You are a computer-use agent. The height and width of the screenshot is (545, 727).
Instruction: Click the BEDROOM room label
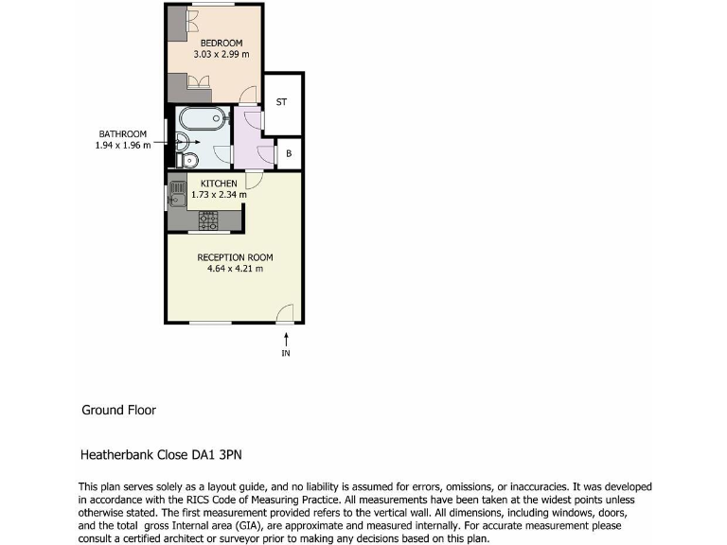221,44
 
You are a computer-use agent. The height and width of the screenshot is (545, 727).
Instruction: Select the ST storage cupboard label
281,102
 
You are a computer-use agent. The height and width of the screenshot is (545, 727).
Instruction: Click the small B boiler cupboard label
288,152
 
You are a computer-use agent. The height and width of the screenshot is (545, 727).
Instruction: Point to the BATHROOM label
122,133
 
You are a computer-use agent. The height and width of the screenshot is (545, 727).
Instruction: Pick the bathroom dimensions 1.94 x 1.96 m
122,146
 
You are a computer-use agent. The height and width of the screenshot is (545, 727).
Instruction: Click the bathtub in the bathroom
202,120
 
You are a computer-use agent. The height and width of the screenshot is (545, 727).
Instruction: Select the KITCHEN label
219,184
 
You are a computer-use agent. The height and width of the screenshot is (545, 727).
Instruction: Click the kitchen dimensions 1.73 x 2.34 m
219,195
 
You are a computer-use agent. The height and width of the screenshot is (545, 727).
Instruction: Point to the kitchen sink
176,196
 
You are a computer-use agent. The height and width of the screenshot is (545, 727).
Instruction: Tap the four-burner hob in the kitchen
207,221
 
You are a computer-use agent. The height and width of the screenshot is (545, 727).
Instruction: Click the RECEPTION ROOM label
235,257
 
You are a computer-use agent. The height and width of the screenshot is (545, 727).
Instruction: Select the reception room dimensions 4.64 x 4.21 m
235,269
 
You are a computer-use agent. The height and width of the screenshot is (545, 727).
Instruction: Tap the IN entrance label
286,354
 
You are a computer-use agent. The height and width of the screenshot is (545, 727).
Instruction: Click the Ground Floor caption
118,411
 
